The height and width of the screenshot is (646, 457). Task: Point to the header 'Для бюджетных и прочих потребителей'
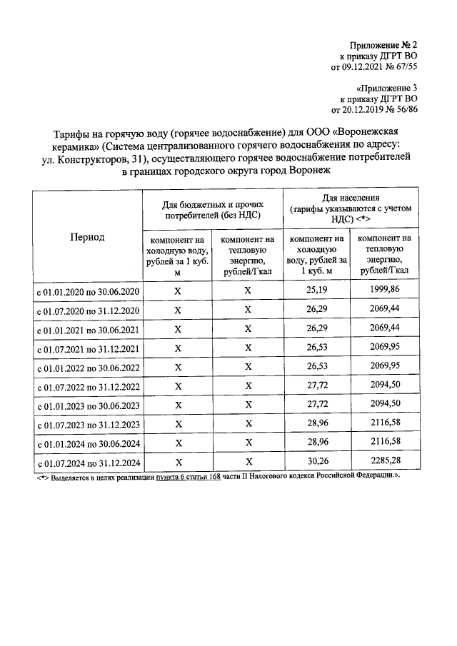click(x=213, y=208)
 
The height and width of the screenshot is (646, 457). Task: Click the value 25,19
click(x=316, y=291)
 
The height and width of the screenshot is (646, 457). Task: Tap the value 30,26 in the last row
click(x=316, y=461)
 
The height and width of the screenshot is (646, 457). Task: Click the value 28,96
click(x=316, y=423)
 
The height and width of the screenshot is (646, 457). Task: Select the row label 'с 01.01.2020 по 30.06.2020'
click(x=88, y=292)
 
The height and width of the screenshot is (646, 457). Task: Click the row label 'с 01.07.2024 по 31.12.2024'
click(x=88, y=463)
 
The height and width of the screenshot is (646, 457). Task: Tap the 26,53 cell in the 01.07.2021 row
click(x=316, y=348)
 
